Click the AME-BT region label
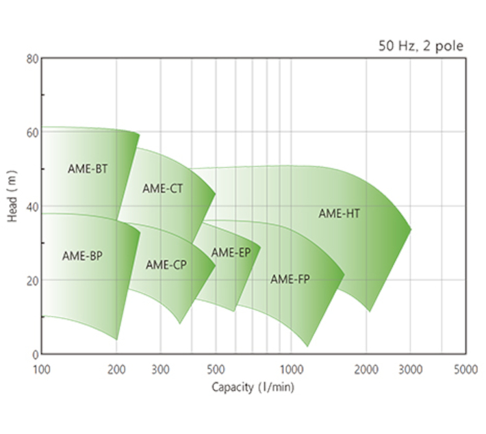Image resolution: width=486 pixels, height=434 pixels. tap(88, 168)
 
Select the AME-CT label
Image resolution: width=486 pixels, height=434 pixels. tap(163, 189)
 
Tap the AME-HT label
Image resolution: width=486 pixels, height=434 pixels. tap(339, 214)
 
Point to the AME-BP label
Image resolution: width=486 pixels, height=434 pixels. tap(82, 256)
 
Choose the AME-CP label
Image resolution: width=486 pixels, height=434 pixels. tap(166, 264)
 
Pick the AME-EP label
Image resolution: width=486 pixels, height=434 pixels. tap(231, 253)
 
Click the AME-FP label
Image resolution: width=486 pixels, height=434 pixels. tap(290, 279)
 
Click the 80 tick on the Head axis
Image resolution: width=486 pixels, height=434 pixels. tap(32, 59)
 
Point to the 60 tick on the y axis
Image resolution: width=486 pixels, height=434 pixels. tap(32, 133)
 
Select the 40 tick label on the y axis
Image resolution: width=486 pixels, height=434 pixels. tap(32, 207)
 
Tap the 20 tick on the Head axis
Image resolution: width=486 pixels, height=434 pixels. tap(32, 281)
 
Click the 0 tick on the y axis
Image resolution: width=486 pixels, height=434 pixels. tap(35, 355)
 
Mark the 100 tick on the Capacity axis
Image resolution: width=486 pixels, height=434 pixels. tap(42, 370)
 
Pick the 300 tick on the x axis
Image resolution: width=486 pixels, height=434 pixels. tap(160, 370)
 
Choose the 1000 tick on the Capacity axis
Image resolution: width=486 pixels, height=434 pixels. tap(291, 370)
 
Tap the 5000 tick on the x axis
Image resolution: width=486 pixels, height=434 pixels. tap(465, 370)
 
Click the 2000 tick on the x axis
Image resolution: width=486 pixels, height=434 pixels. tap(366, 370)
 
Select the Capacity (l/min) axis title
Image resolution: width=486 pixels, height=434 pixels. tap(253, 387)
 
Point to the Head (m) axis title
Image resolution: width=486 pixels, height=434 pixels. tap(12, 206)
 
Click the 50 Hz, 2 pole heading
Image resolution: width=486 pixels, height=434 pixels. tap(421, 47)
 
